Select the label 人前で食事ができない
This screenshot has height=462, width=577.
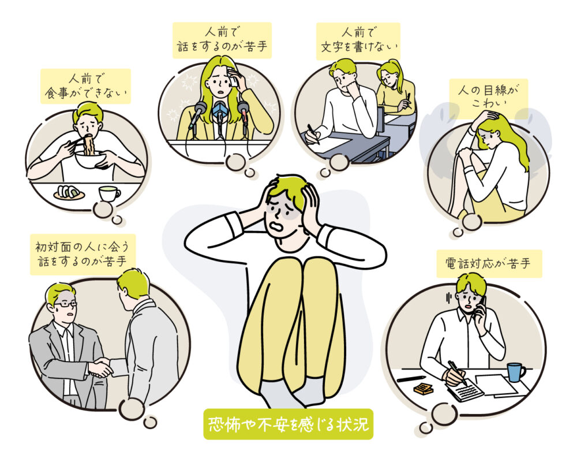coord(85,86)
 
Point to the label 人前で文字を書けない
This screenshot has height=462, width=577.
coord(358,41)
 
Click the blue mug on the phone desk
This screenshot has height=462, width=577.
coord(515,371)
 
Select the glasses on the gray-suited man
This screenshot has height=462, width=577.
coord(65,303)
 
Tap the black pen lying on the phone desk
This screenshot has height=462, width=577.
coord(411,379)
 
